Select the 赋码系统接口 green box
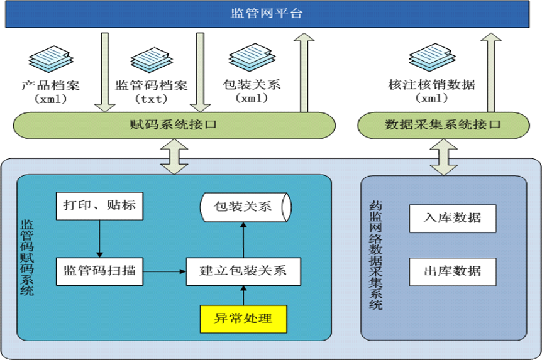[x=172, y=125]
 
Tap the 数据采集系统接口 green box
[x=443, y=125]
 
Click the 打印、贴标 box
[x=99, y=205]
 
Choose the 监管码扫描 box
[x=99, y=271]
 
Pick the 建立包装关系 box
[x=243, y=271]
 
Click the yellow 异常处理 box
[x=243, y=319]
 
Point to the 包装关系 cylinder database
[x=245, y=206]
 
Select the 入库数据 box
[x=452, y=219]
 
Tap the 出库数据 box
[x=452, y=271]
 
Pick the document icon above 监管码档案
[x=152, y=60]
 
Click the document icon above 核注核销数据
[x=431, y=57]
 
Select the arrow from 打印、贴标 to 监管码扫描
[x=99, y=239]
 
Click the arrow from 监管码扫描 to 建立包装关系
[x=163, y=271]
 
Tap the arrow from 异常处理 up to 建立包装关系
[x=243, y=295]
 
